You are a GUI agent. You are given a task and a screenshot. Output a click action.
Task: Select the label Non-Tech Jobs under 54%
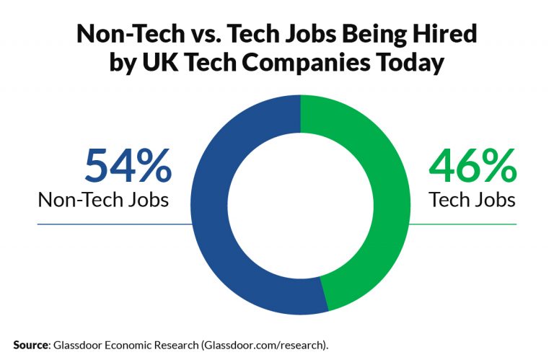(x=103, y=199)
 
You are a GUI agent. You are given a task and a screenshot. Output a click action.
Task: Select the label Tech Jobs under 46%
(x=472, y=199)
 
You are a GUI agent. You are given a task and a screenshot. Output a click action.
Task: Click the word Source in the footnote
(x=30, y=345)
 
